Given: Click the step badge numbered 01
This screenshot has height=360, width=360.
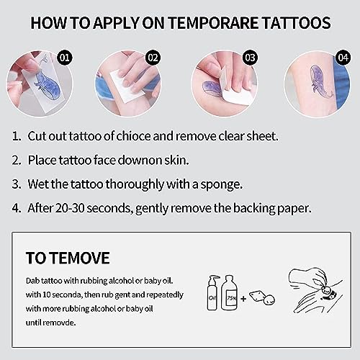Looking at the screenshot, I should coord(66,55).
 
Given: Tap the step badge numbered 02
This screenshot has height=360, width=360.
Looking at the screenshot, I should coord(153,55).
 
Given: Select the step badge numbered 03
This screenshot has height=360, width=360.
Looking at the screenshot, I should coord(249,55).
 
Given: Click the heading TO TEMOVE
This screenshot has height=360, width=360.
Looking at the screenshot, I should coord(68,258).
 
